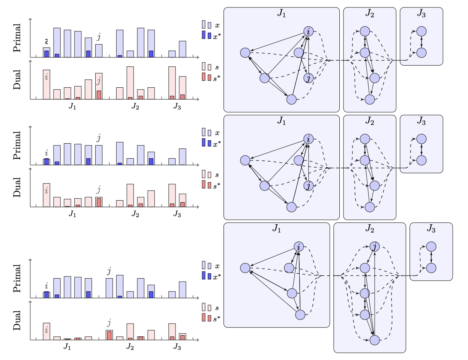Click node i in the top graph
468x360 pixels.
click(x=308, y=31)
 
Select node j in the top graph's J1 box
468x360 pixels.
click(x=308, y=78)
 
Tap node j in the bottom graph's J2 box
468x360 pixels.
click(x=374, y=246)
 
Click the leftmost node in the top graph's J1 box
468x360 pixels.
click(x=245, y=53)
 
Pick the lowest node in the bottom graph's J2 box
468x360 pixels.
click(x=374, y=340)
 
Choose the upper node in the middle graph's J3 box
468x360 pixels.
click(x=421, y=139)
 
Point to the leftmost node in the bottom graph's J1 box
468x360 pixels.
click(x=245, y=268)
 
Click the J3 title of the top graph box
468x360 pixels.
click(x=421, y=14)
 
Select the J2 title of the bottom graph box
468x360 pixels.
click(x=369, y=229)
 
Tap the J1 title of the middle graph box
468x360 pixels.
click(x=281, y=121)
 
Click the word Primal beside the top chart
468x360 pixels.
click(x=17, y=38)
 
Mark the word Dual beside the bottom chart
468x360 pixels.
click(x=17, y=321)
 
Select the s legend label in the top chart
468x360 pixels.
click(x=217, y=67)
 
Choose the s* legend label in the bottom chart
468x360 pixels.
click(x=217, y=319)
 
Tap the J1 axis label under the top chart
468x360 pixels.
click(x=72, y=106)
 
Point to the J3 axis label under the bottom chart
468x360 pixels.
click(x=177, y=347)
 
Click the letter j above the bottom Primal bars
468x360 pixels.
click(x=109, y=271)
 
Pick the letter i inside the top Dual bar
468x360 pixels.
click(x=46, y=77)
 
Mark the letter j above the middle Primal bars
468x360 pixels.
click(x=99, y=138)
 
